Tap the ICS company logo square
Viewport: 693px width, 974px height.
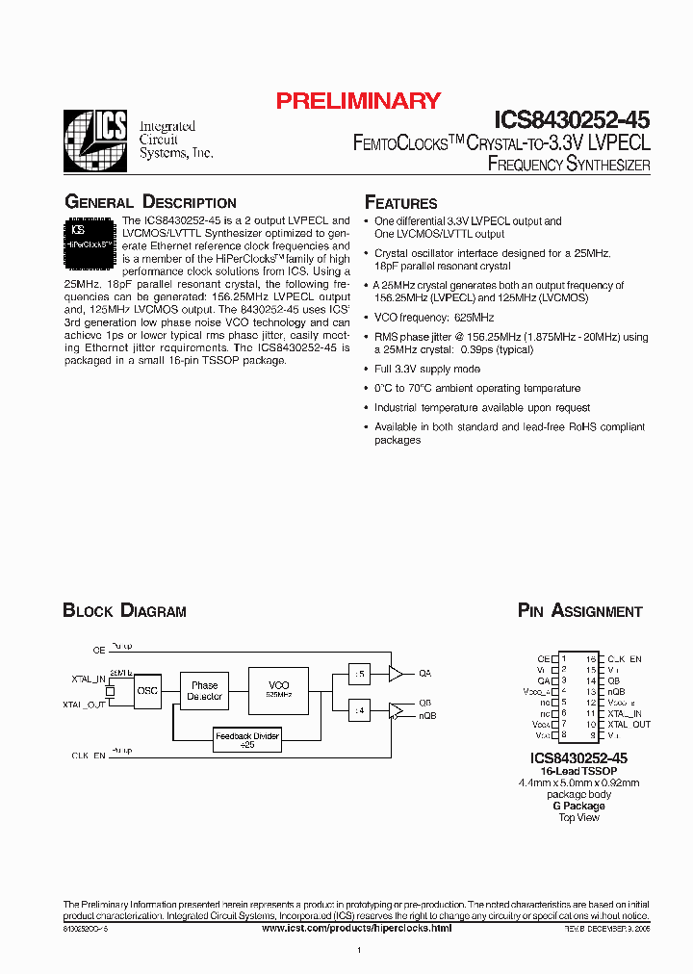[94, 141]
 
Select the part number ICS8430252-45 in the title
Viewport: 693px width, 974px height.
[572, 120]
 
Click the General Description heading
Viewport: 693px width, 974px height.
[150, 202]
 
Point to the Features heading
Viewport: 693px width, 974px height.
[400, 203]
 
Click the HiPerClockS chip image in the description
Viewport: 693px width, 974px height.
[90, 242]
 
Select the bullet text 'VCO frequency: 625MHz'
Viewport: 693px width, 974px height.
[434, 318]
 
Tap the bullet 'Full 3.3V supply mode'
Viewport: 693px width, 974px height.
[426, 370]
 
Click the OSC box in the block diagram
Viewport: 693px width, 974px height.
[147, 690]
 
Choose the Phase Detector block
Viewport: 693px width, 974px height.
[205, 690]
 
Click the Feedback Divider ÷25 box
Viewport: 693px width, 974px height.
[247, 740]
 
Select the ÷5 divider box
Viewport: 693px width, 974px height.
[359, 674]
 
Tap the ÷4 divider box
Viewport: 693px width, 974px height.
[359, 711]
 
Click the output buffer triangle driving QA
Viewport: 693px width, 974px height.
[395, 674]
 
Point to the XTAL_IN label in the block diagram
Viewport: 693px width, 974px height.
[89, 679]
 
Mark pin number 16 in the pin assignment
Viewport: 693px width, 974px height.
[591, 659]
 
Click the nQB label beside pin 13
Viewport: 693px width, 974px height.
[616, 691]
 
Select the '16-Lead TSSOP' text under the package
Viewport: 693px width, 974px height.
[578, 771]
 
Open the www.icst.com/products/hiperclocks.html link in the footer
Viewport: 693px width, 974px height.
[357, 927]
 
